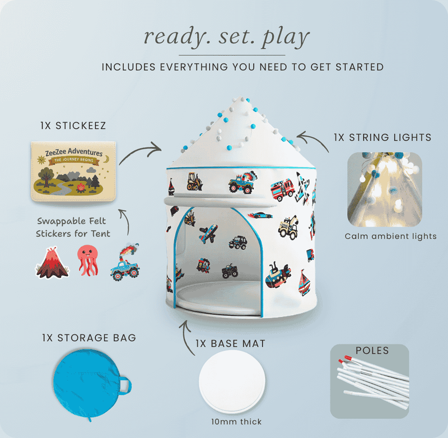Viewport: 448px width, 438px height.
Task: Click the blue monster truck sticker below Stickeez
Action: [x=124, y=263]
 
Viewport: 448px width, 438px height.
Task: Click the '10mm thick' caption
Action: [x=230, y=421]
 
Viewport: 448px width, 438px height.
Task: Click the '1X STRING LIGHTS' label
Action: [x=382, y=136]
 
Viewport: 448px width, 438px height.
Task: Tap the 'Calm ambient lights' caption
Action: [x=390, y=236]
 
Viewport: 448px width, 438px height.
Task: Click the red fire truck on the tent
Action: [x=283, y=190]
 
